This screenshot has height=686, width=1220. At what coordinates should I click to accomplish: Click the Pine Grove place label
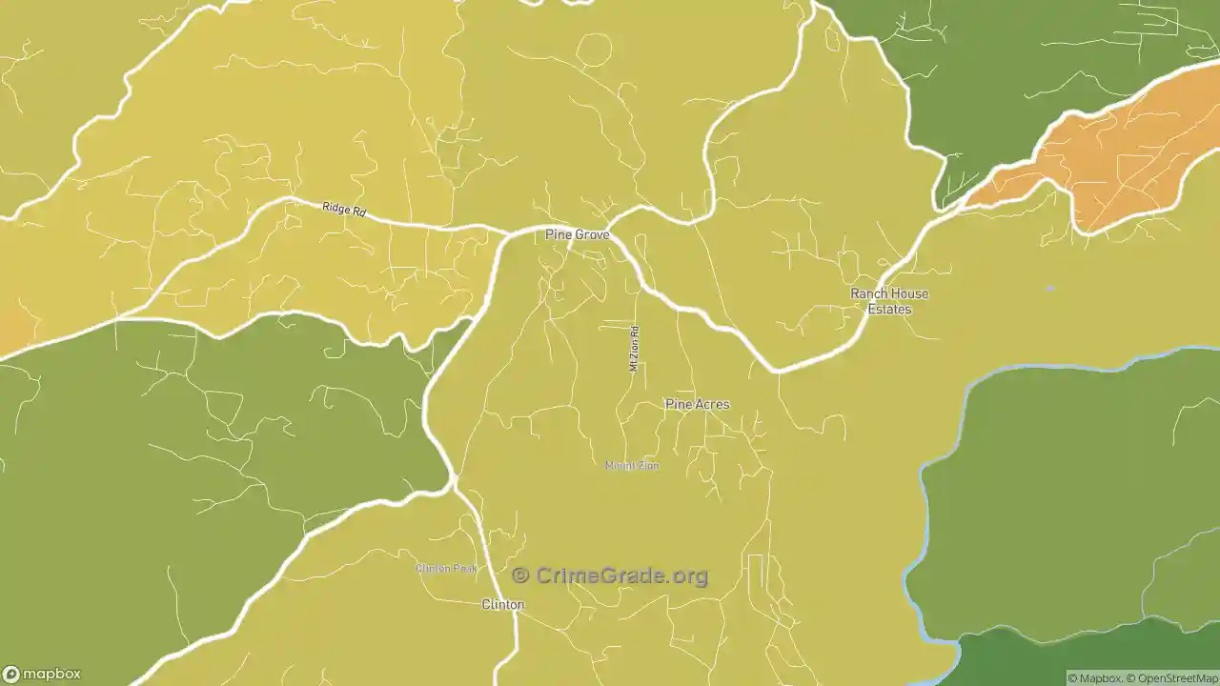577,234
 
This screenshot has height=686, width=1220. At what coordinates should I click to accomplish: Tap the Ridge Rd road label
344,210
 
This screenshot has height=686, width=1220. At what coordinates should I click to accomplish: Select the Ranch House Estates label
889,301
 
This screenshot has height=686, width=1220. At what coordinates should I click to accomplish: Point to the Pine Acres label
697,404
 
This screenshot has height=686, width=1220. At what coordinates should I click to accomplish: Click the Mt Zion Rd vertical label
634,349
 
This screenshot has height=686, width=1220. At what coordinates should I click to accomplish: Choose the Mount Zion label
632,466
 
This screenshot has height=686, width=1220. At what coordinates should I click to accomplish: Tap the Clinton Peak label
446,569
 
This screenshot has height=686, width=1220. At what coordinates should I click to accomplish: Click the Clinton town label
502,605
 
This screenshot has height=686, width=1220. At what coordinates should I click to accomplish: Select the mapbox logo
41,673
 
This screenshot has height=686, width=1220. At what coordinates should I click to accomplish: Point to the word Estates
889,310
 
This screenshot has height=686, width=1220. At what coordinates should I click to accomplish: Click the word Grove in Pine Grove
591,234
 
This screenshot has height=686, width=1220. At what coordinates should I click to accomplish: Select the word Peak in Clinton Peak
464,569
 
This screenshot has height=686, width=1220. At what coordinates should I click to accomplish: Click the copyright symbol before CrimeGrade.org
520,575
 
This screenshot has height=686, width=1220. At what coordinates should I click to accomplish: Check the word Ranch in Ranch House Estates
867,293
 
